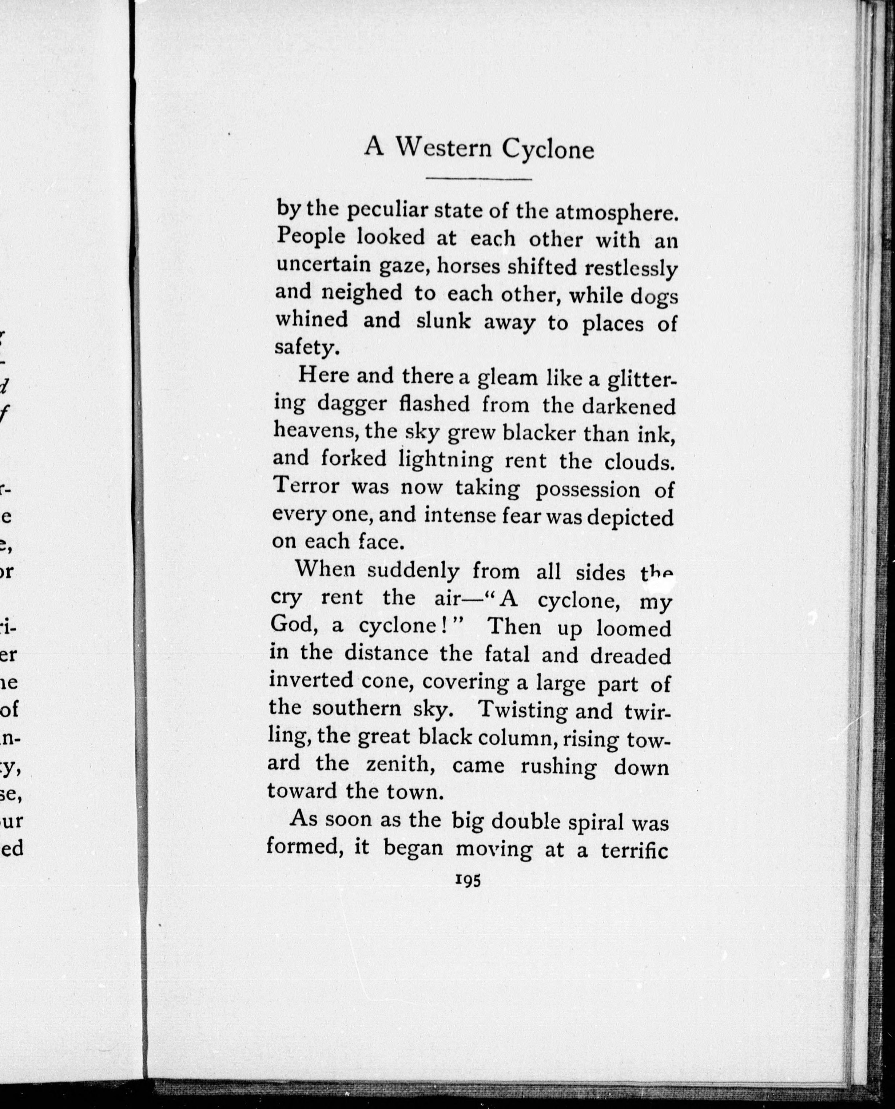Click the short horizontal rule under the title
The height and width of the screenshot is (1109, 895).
pyautogui.click(x=479, y=179)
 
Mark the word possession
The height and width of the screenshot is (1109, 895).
pyautogui.click(x=587, y=490)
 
